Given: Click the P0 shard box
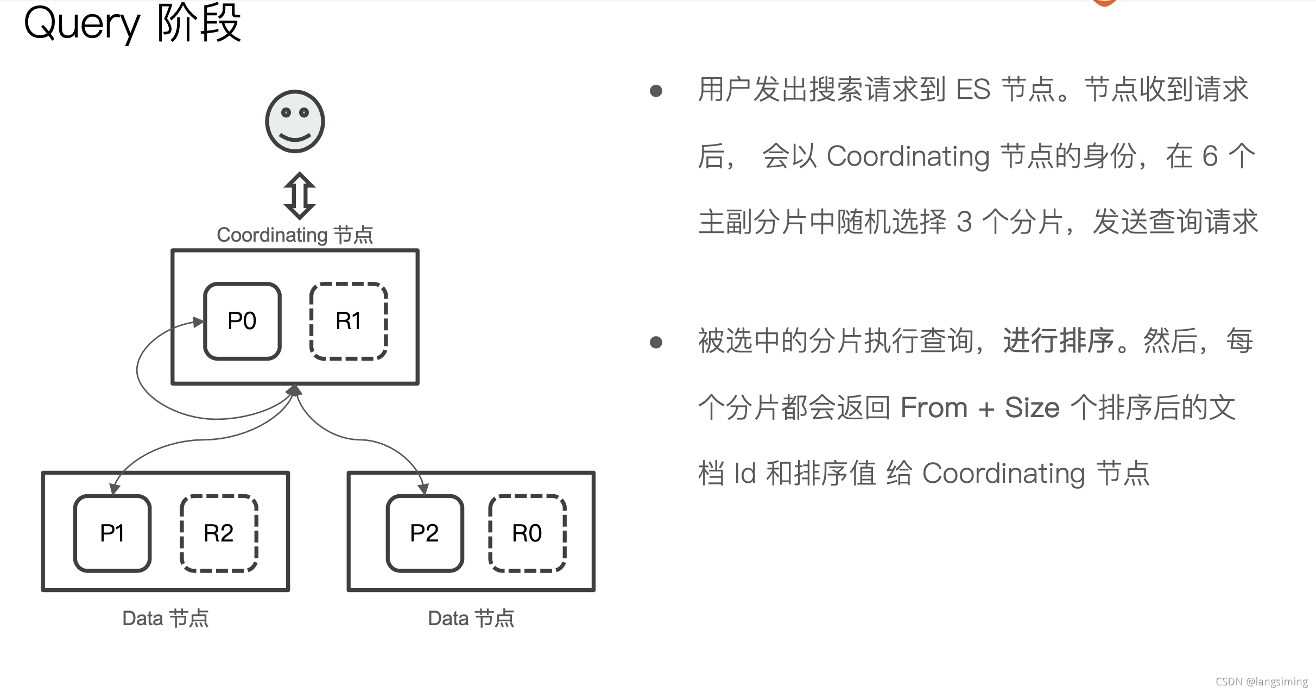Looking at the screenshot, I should click(x=242, y=321).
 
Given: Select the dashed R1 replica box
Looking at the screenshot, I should click(x=349, y=321).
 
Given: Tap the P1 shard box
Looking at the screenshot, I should click(x=112, y=533).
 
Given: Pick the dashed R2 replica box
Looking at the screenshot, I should click(x=219, y=533).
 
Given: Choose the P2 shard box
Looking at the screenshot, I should click(x=425, y=533).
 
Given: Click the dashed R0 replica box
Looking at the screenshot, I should click(x=527, y=533).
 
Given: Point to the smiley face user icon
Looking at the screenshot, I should click(x=295, y=121).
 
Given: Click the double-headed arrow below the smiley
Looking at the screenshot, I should click(x=300, y=196).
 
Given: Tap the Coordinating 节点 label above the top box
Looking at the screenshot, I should click(x=295, y=235).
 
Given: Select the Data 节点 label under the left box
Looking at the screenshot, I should click(x=166, y=618).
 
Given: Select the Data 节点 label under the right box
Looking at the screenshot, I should click(x=471, y=618).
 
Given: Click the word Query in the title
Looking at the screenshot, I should click(x=82, y=24).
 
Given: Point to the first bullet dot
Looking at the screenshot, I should click(x=656, y=91).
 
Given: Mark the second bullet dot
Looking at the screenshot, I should click(x=656, y=342).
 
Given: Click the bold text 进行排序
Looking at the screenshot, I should click(x=1058, y=341).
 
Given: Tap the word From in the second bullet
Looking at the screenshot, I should click(x=934, y=407).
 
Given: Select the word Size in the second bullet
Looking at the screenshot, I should click(x=1032, y=407).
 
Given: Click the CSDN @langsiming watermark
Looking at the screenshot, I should click(x=1261, y=682).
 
